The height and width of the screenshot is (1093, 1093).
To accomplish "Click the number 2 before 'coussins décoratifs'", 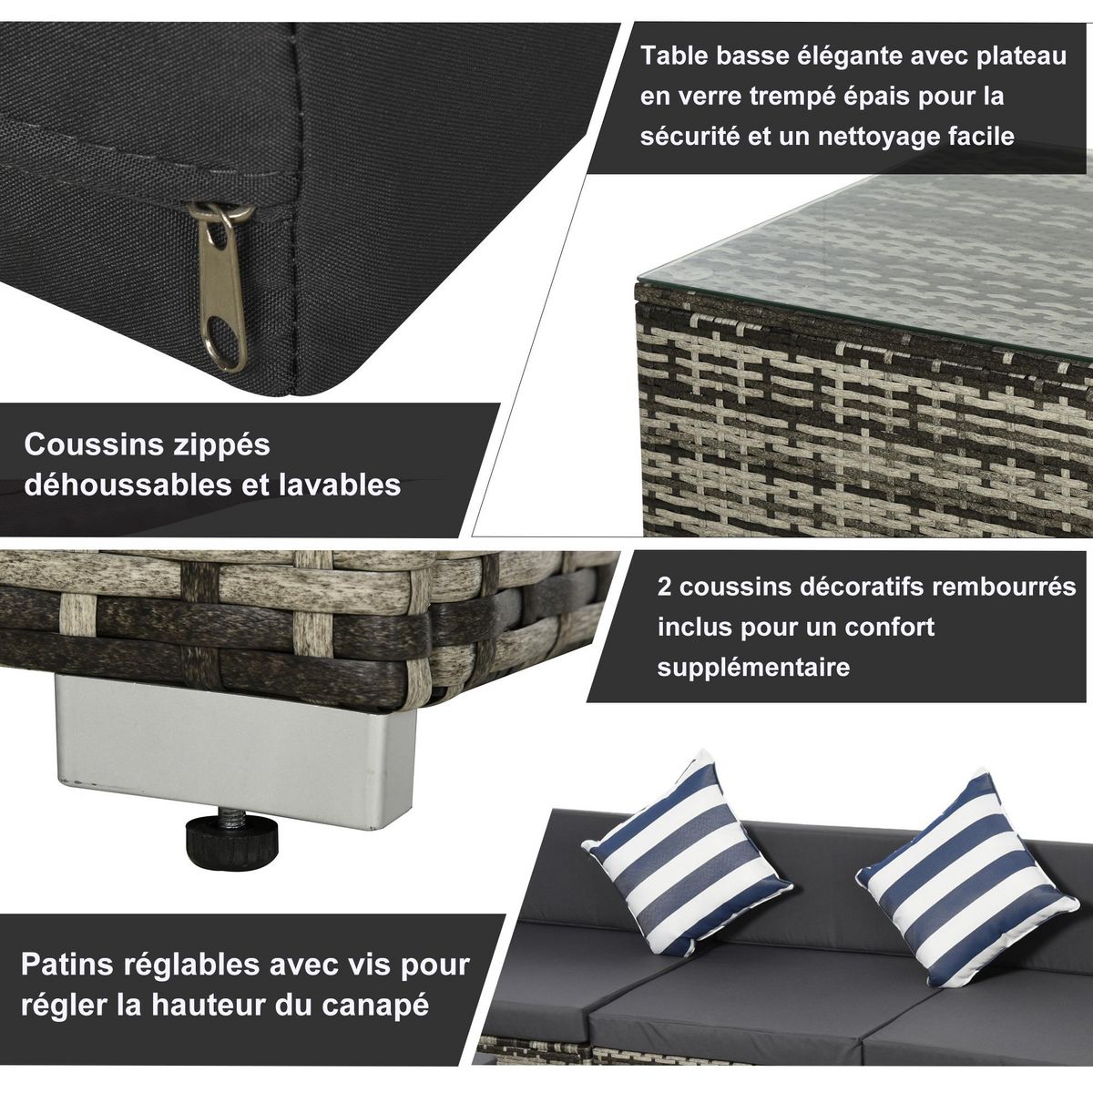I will coord(665,587).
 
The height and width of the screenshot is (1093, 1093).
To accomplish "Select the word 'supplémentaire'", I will coord(753,667).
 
